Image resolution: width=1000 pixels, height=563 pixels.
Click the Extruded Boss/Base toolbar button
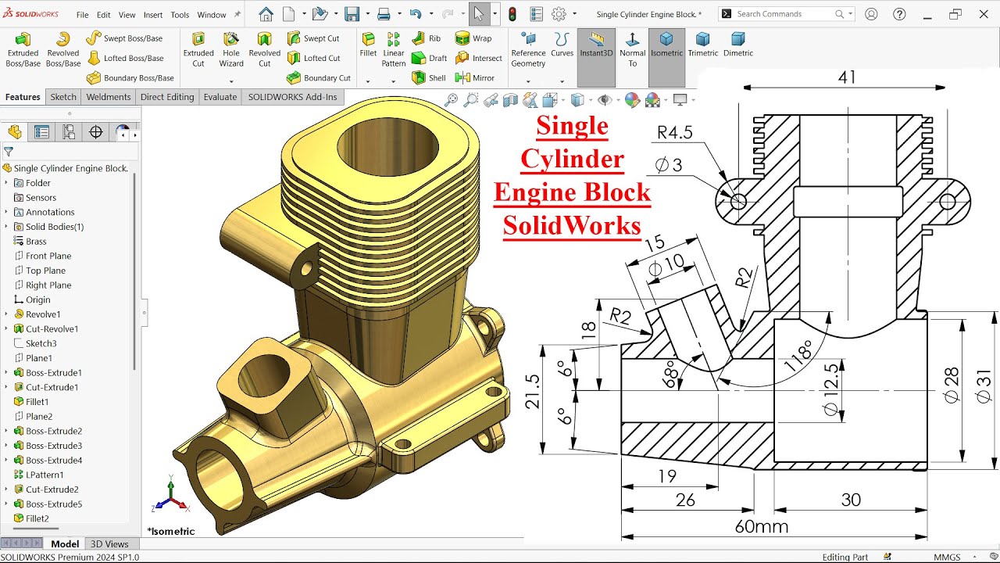point(23,49)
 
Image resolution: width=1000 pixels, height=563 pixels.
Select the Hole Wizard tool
point(231,49)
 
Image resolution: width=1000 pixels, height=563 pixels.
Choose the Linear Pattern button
point(394,49)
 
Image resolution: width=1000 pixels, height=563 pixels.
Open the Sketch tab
point(63,97)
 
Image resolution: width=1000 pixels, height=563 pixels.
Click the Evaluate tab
point(220,97)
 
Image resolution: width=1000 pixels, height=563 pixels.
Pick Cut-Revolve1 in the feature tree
point(52,328)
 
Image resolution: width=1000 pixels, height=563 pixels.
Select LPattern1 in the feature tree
point(45,475)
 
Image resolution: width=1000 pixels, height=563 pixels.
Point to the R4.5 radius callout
point(674,133)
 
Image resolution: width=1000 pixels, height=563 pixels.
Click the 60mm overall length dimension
point(761,526)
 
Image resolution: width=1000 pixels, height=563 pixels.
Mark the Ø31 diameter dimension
point(984,386)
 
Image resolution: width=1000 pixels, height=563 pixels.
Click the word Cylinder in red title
point(572,159)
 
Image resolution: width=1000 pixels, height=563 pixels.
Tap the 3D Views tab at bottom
point(109,544)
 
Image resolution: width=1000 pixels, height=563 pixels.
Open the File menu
point(82,15)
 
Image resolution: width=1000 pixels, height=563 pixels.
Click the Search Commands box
point(784,14)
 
